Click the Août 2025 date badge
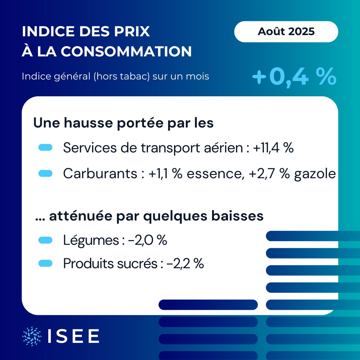click(x=286, y=31)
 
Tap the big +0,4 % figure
click(x=294, y=77)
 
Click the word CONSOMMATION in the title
click(x=126, y=51)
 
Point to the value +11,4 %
click(x=273, y=148)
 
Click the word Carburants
click(x=100, y=173)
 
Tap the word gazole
click(x=315, y=174)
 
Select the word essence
click(x=215, y=174)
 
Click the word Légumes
click(x=91, y=240)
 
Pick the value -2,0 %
click(x=147, y=240)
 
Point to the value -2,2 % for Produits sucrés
click(x=185, y=264)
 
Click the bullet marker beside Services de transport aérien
click(x=46, y=148)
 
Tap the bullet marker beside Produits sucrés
click(x=46, y=264)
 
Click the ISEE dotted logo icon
click(x=32, y=336)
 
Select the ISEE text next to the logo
click(x=73, y=336)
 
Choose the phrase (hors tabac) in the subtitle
click(x=121, y=76)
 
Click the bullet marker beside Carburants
click(x=46, y=173)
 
